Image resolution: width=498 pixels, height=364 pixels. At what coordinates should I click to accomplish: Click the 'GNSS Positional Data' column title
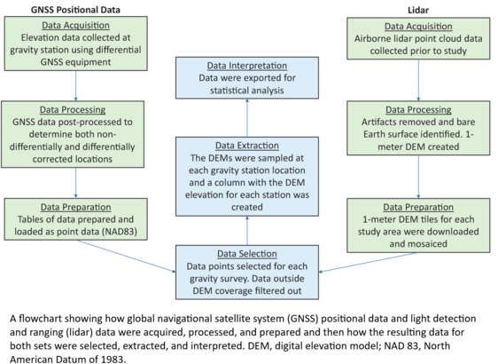click(75, 10)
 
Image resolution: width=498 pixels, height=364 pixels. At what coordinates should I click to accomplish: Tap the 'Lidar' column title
click(418, 10)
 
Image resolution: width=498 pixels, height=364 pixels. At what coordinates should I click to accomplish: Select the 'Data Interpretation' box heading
click(247, 66)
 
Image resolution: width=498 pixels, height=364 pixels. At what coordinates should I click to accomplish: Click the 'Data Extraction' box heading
click(247, 146)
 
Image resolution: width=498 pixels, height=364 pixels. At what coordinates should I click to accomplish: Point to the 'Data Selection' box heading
click(247, 254)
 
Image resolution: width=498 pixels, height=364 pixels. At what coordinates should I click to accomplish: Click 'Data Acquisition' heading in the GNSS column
click(75, 25)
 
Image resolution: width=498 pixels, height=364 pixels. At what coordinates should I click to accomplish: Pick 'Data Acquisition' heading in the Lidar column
click(418, 26)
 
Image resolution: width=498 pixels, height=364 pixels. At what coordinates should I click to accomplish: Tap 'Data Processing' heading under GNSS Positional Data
click(73, 109)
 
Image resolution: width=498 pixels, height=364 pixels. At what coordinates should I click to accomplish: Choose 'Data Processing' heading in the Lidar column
click(418, 109)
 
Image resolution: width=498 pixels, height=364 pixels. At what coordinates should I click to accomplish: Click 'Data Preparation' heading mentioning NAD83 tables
click(75, 207)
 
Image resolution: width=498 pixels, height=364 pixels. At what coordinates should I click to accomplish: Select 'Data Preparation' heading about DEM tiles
click(418, 207)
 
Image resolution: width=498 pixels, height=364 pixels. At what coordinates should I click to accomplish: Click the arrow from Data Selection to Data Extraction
click(247, 231)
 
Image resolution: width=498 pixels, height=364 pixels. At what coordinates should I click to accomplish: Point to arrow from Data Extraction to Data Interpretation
click(247, 118)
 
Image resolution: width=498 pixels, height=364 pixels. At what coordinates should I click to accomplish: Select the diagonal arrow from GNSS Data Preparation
click(126, 257)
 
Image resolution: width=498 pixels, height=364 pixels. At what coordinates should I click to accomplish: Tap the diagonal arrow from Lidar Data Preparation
click(369, 262)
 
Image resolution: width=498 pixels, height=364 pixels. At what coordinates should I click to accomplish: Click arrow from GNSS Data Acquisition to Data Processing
click(75, 86)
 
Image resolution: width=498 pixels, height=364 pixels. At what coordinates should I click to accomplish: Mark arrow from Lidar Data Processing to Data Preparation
click(418, 177)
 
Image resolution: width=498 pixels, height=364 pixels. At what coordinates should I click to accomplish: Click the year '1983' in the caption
click(112, 360)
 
